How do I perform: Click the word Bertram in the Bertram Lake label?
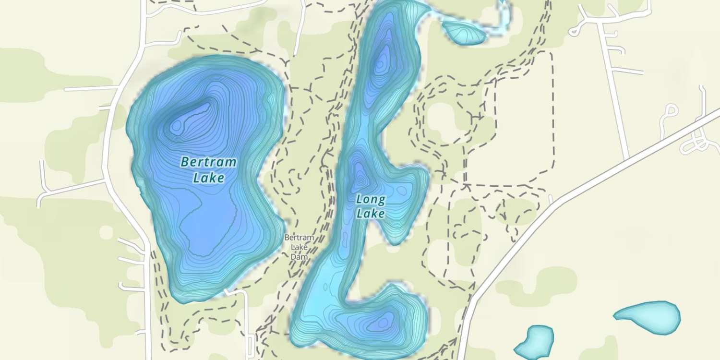point(208,162)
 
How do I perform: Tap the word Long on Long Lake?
point(371,199)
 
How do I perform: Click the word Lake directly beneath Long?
point(371,213)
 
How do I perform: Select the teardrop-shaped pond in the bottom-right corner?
point(648,315)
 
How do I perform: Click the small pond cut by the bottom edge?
point(534,343)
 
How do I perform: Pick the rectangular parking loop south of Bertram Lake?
point(251,344)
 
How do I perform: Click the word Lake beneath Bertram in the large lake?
point(209,178)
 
